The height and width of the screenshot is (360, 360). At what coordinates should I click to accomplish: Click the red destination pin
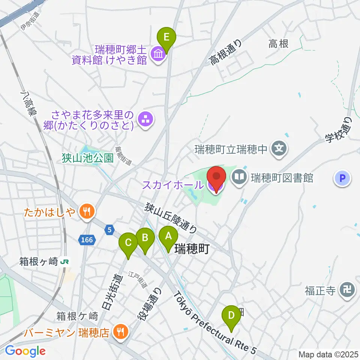point(216,178)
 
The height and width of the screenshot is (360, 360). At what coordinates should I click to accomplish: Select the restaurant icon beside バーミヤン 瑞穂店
point(120,331)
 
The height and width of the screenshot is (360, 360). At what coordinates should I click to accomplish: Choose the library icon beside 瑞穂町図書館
point(239,177)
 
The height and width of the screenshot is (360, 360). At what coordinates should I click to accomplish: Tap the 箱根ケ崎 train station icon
point(66,261)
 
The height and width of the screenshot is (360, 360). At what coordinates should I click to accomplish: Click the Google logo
point(25,351)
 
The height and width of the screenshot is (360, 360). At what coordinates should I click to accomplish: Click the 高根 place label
point(279,44)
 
